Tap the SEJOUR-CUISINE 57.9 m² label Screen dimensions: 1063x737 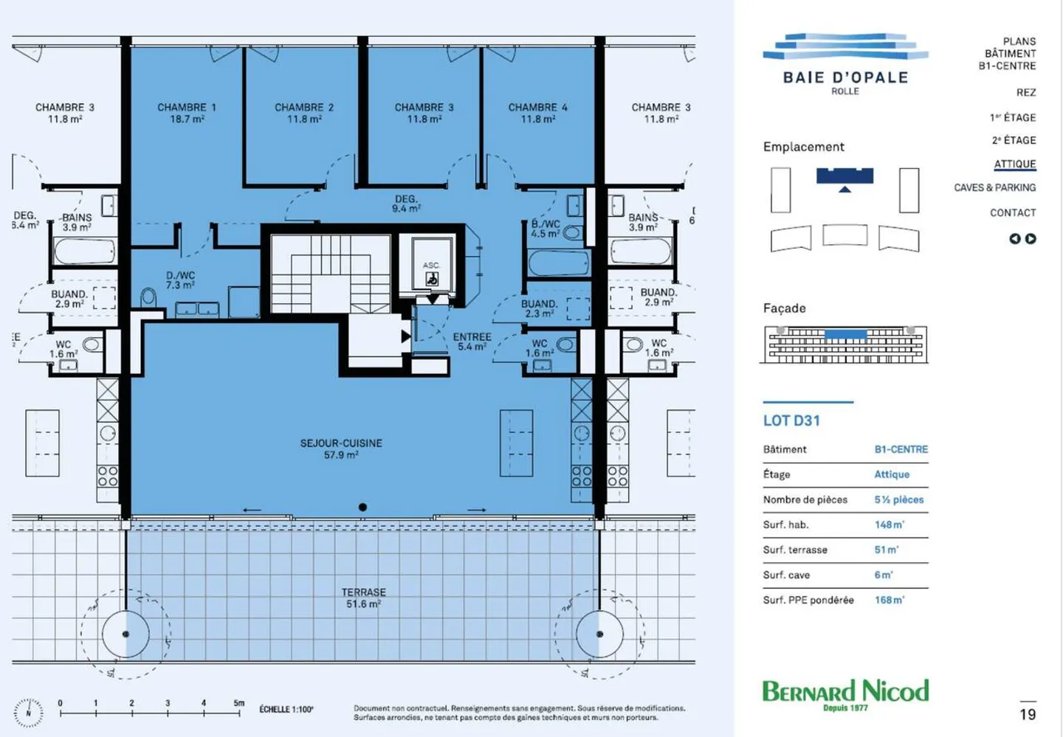tap(341, 449)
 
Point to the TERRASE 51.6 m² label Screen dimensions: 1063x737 tap(363, 598)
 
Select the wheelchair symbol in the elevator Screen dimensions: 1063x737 tap(432, 279)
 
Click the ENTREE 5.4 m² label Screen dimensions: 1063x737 tap(472, 342)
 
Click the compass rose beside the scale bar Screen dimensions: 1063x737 tap(29, 713)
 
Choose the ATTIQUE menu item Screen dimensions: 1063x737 tap(1014, 164)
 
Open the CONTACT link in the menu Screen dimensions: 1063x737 tap(1013, 212)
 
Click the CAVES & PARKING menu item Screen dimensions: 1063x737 tap(994, 187)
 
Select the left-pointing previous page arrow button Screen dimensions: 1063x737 tap(1014, 238)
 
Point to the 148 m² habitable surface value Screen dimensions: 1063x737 tap(890, 525)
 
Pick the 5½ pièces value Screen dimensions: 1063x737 tap(899, 499)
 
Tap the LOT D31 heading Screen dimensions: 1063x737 tap(791, 421)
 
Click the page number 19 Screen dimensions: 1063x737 tap(1028, 714)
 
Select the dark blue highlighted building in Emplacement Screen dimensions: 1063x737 tap(844, 176)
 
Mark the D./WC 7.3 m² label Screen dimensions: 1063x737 tap(180, 280)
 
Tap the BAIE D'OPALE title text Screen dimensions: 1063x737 tap(846, 77)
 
